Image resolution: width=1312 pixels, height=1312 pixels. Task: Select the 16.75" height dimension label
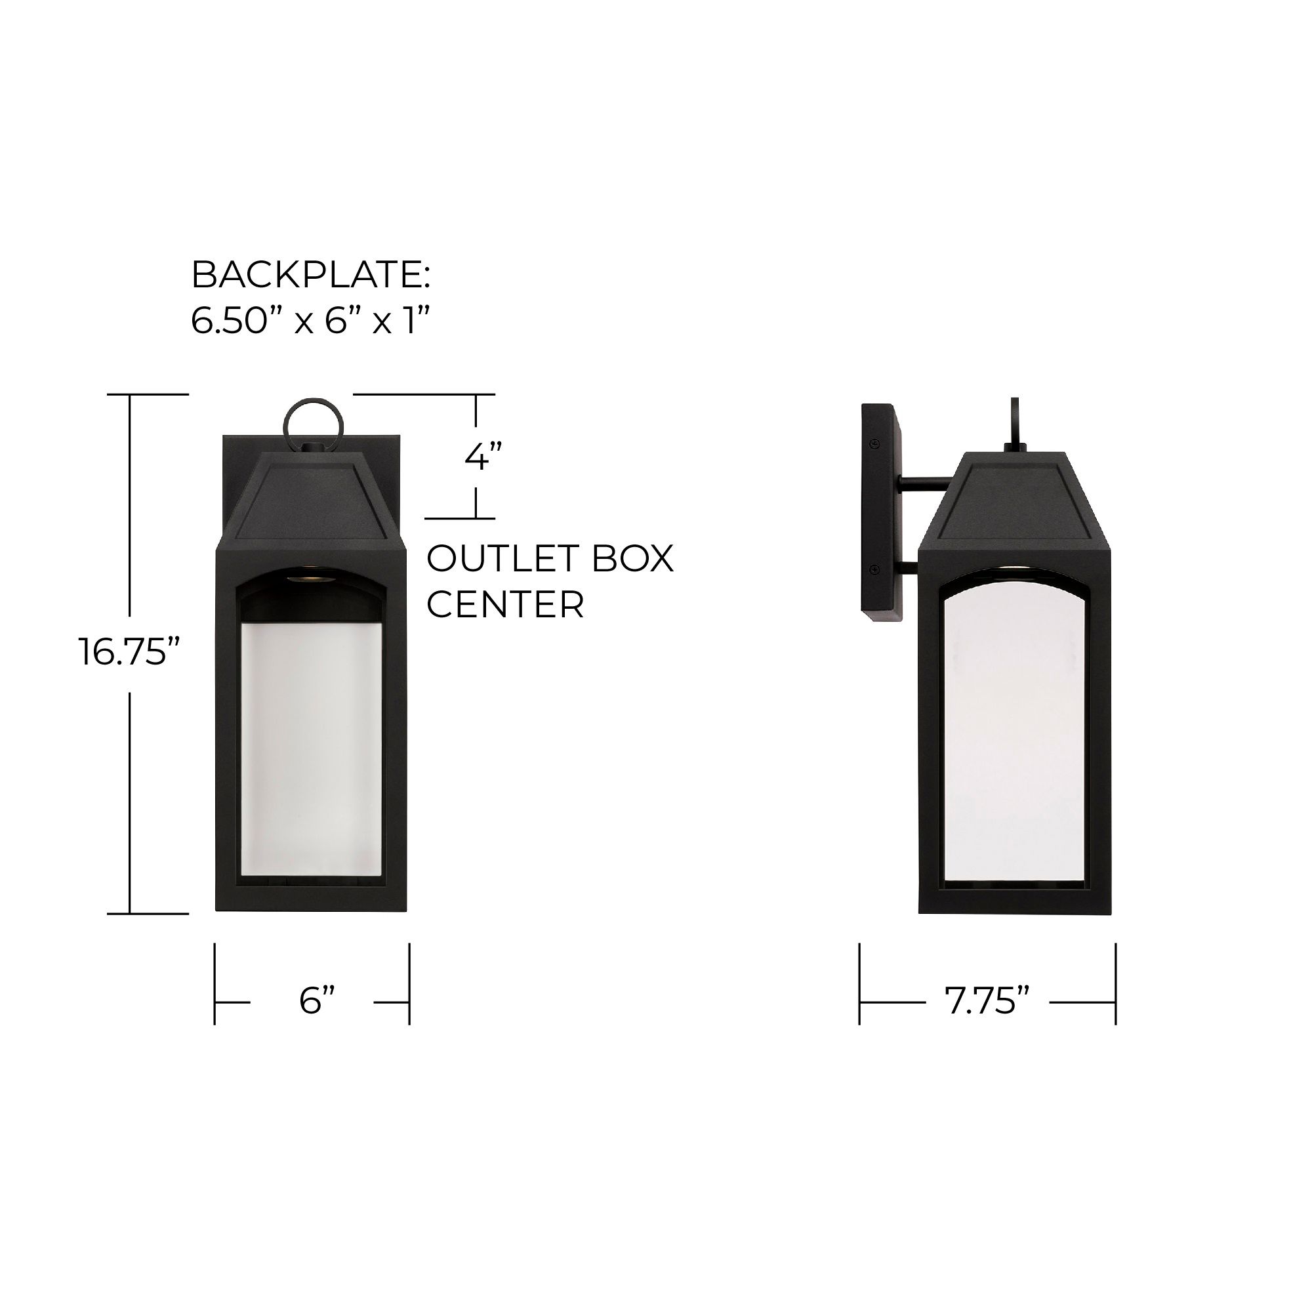tap(130, 653)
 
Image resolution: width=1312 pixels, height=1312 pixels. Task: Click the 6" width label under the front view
tap(317, 1001)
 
